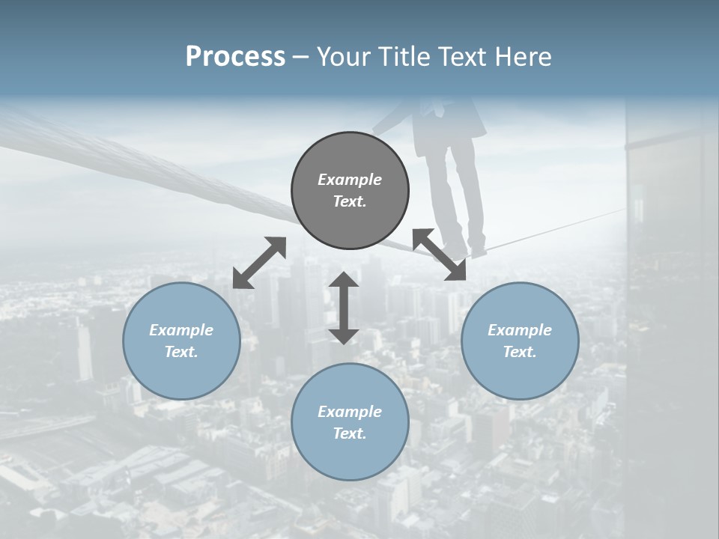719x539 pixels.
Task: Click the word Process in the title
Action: pos(235,57)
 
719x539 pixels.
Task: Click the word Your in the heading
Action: pos(342,57)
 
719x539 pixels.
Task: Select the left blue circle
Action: pos(181,341)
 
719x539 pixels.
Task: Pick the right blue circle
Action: pos(520,341)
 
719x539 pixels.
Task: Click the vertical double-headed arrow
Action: pos(344,308)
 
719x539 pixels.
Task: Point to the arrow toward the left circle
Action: pos(259,263)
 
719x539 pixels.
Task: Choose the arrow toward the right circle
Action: pos(439,255)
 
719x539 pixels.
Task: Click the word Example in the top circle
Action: pos(350,180)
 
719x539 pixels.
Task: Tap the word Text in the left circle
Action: pos(181,352)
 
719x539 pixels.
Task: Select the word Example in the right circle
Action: pos(520,330)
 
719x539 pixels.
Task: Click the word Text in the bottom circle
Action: pos(350,433)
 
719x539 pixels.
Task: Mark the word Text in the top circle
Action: pos(350,201)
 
